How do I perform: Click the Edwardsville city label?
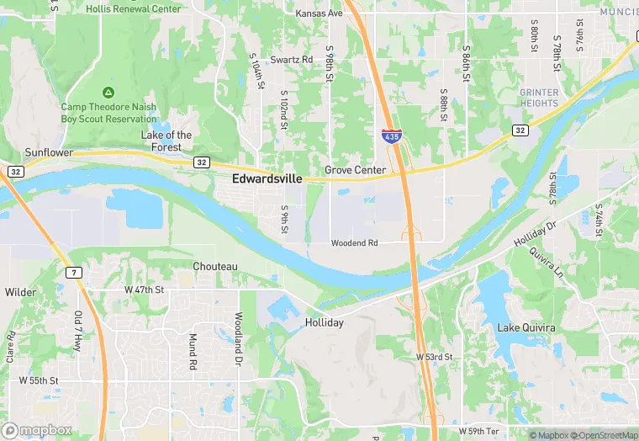[x=267, y=178]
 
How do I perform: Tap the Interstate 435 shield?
[x=390, y=135]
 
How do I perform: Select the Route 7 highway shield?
[x=73, y=273]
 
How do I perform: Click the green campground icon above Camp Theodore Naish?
[x=108, y=92]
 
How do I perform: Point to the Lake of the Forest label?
[x=166, y=141]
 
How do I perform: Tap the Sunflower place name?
[x=49, y=153]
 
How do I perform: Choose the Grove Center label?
[x=355, y=170]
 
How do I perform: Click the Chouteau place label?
[x=215, y=267]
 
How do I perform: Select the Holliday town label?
[x=324, y=322]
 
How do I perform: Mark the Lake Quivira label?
[x=526, y=327]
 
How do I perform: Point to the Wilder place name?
[x=20, y=292]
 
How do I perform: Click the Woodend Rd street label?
[x=354, y=243]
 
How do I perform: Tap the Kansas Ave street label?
[x=319, y=14]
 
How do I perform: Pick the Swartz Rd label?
[x=291, y=61]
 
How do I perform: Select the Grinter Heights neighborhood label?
[x=538, y=98]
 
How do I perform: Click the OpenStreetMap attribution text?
[x=604, y=435]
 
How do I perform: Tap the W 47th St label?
[x=145, y=289]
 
